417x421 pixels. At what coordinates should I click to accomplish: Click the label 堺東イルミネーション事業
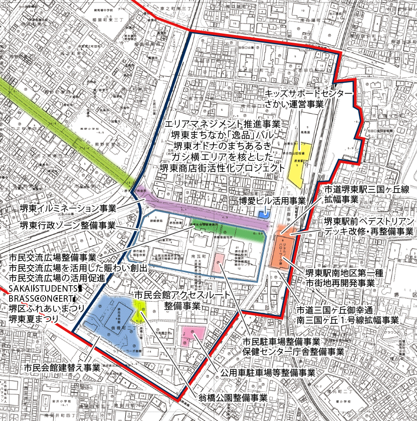click(x=68, y=208)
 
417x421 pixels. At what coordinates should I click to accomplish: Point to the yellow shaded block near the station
click(x=300, y=164)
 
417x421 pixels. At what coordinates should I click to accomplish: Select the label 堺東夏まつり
click(x=34, y=319)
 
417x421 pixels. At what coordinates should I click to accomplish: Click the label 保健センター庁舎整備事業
click(x=293, y=352)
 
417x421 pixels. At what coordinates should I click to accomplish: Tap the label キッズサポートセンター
click(x=309, y=94)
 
